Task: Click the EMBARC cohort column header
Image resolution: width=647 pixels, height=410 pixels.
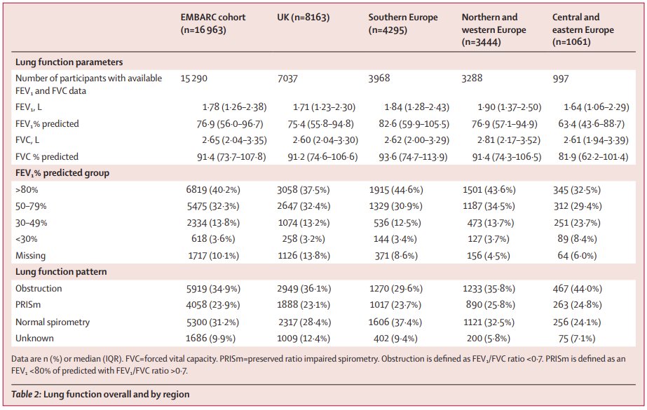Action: pos(213,24)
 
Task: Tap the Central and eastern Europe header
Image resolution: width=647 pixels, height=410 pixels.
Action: pos(583,30)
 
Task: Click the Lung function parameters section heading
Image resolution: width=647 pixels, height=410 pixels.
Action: pos(69,62)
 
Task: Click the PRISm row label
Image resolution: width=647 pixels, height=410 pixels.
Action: pos(31,305)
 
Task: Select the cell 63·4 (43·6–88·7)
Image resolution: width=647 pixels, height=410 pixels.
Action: pos(595,123)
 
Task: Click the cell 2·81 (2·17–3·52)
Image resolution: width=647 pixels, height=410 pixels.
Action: pos(501,140)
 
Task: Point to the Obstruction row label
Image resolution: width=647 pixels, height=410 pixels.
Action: pos(39,288)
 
